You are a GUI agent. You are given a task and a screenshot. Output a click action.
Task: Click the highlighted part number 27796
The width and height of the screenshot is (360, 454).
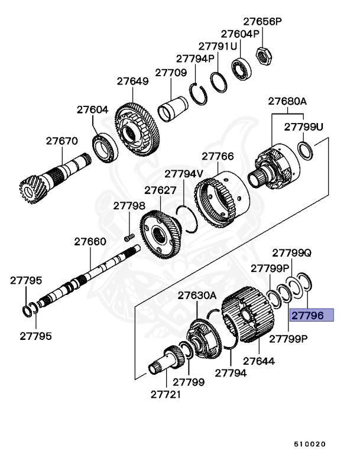(x=311, y=316)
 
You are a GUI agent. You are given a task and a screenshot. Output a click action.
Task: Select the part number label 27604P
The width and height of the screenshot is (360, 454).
(x=240, y=34)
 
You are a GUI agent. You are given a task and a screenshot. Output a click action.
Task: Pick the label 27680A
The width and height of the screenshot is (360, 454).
(x=287, y=101)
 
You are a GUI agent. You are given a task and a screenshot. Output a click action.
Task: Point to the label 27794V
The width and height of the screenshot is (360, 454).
(x=184, y=174)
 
